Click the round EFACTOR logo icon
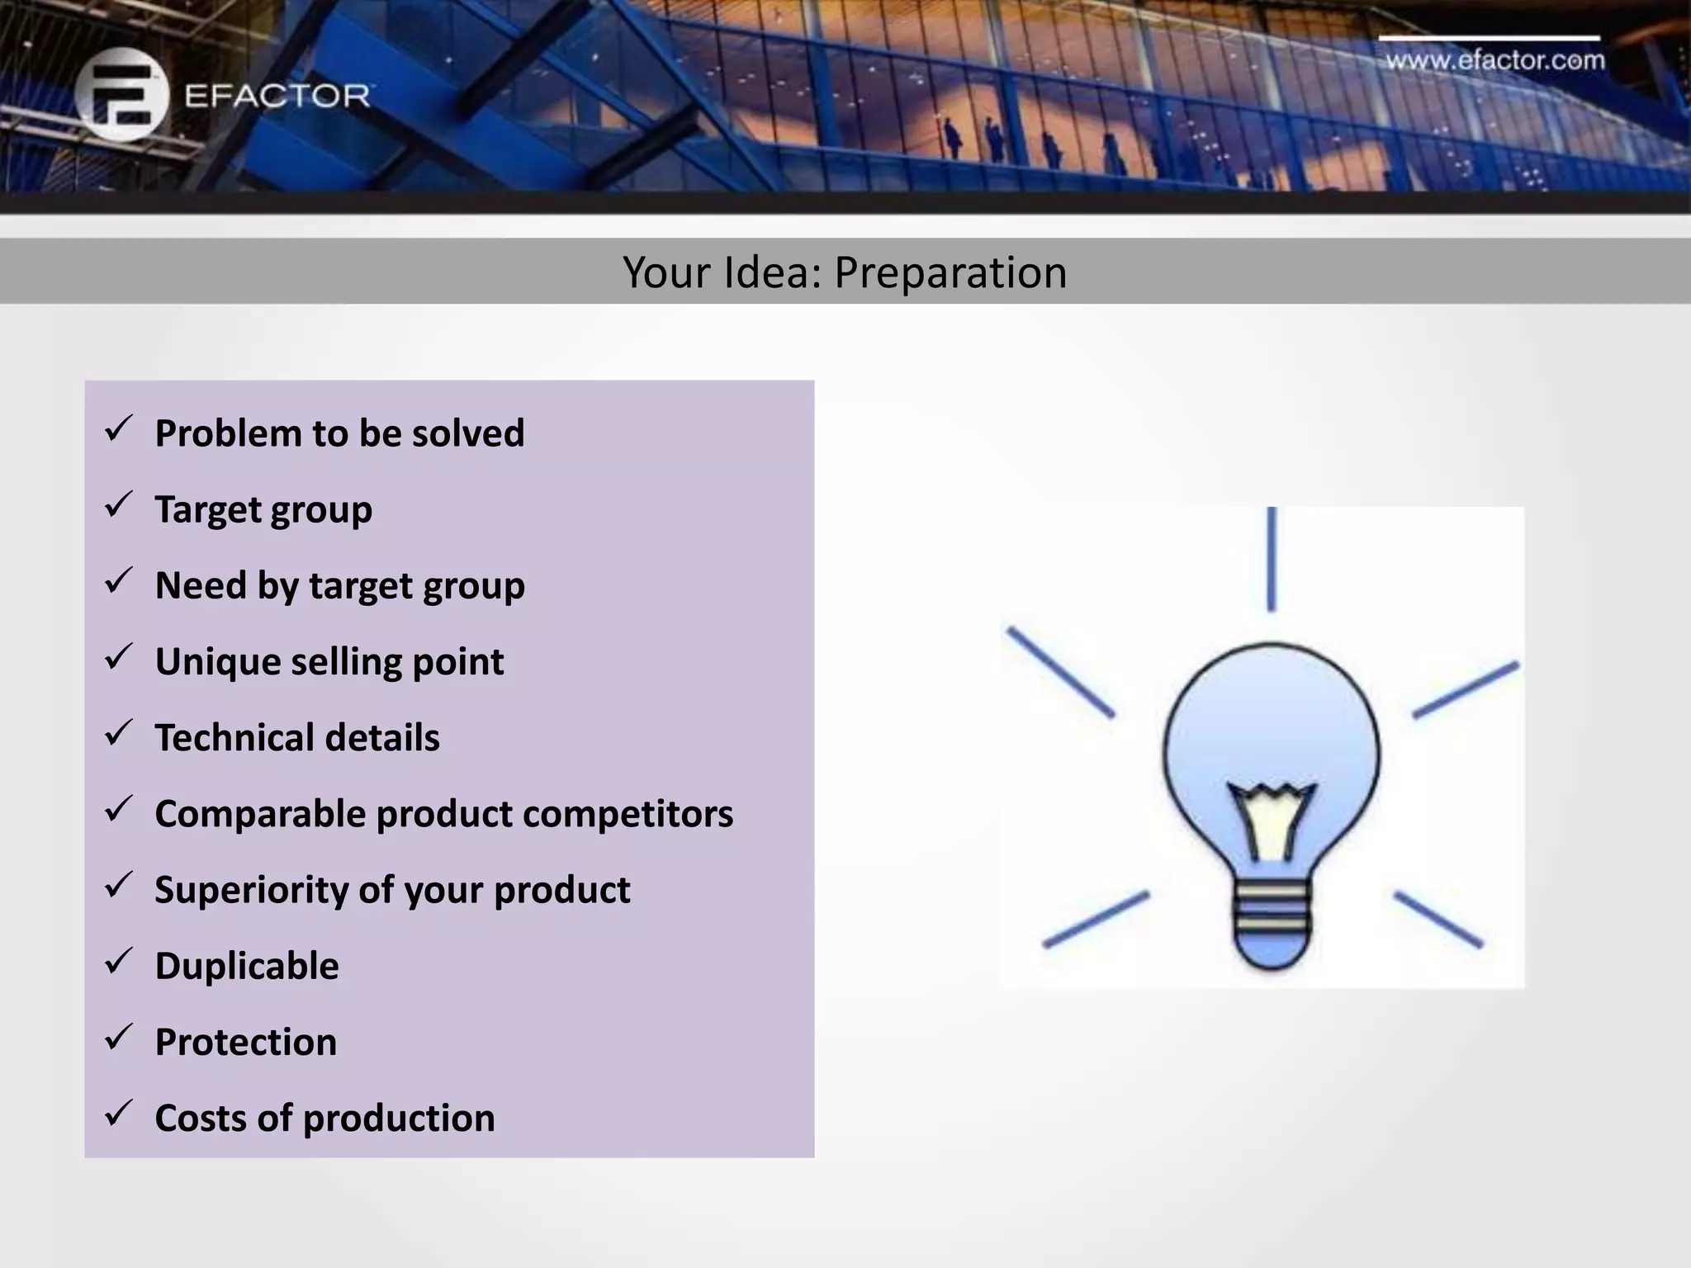pyautogui.click(x=121, y=93)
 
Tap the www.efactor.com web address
pyautogui.click(x=1494, y=60)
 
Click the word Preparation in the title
pyautogui.click(x=950, y=272)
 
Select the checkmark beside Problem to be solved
pyautogui.click(x=119, y=429)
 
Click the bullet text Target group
pyautogui.click(x=263, y=509)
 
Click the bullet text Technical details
pyautogui.click(x=297, y=738)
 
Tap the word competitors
pyautogui.click(x=628, y=814)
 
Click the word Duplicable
pyautogui.click(x=247, y=966)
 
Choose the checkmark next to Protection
pyautogui.click(x=119, y=1038)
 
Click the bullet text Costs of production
pyautogui.click(x=324, y=1119)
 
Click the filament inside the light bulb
pyautogui.click(x=1271, y=821)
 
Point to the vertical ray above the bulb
pyautogui.click(x=1272, y=559)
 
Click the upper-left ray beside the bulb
pyautogui.click(x=1060, y=672)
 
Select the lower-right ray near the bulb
pyautogui.click(x=1438, y=919)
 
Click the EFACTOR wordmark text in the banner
pyautogui.click(x=277, y=96)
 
